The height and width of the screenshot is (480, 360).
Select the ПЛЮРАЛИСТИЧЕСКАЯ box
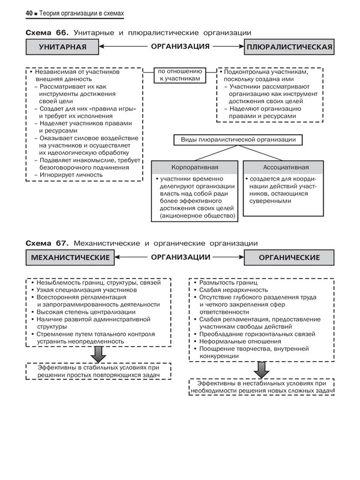click(x=289, y=46)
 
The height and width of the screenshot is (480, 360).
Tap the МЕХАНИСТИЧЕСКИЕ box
click(x=70, y=257)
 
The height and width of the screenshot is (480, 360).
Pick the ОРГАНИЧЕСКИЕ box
click(x=289, y=257)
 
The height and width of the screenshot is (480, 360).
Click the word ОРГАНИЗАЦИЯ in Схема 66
click(x=179, y=46)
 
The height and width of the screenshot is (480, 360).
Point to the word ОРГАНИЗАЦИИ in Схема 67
click(x=180, y=257)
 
